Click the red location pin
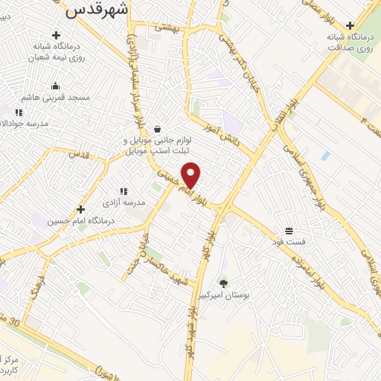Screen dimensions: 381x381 coord(191,175)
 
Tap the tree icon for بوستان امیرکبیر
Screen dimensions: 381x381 coord(222,282)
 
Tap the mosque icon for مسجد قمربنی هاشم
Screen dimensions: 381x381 coord(55,86)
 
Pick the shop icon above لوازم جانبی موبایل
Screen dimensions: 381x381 coord(156,128)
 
